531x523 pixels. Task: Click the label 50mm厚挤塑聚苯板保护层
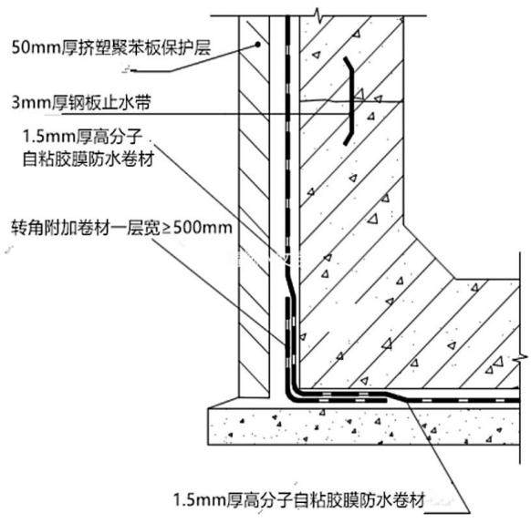click(x=111, y=47)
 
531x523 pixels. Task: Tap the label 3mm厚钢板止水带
click(x=81, y=103)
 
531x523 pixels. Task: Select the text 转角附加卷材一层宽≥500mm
click(x=121, y=228)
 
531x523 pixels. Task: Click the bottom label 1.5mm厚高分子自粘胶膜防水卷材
click(x=299, y=499)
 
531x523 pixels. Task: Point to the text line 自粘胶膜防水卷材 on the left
click(x=88, y=159)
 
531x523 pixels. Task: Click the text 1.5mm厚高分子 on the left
click(x=83, y=137)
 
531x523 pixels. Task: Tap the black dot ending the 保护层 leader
click(x=257, y=45)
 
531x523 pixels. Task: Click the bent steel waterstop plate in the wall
click(x=349, y=101)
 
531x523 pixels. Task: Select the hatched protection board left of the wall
click(x=255, y=206)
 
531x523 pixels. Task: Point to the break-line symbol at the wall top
click(x=318, y=15)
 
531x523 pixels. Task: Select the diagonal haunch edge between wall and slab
click(x=429, y=251)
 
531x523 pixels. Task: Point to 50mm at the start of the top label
click(x=36, y=47)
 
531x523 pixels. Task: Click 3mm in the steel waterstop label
click(x=31, y=103)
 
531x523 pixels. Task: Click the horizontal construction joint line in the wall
click(x=352, y=101)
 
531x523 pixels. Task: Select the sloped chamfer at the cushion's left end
click(x=224, y=403)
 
